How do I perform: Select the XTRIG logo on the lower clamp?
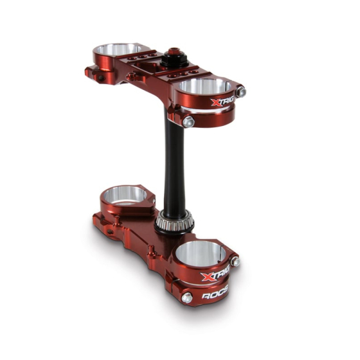pos(215,277)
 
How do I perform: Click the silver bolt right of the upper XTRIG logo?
pos(241,92)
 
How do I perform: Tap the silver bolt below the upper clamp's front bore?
pos(188,121)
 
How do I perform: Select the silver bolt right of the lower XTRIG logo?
pos(235,262)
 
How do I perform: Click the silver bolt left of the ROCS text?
pos(186,298)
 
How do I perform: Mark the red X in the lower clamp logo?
pos(206,277)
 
